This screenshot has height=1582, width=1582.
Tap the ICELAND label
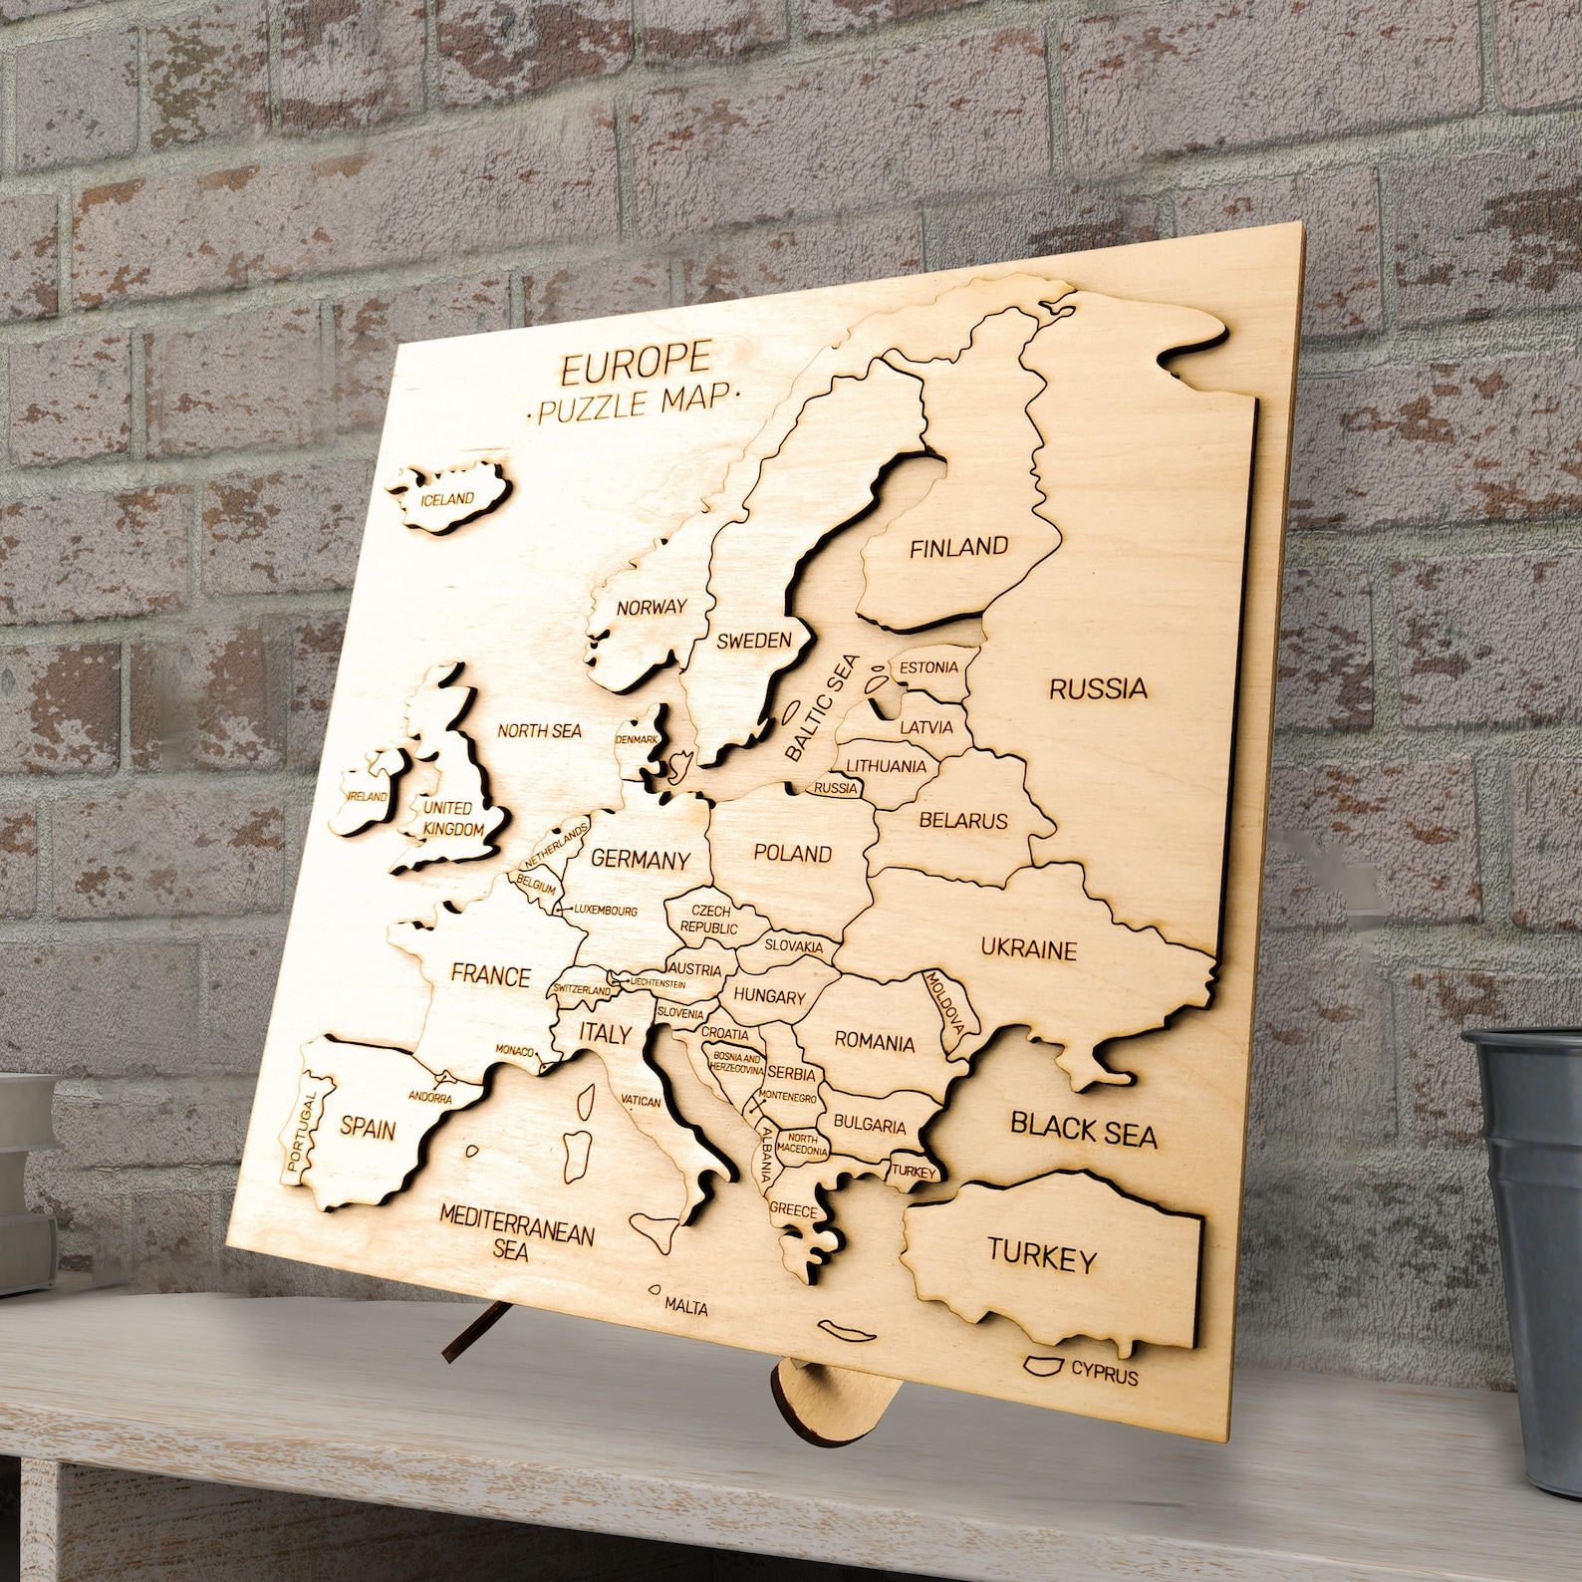(447, 498)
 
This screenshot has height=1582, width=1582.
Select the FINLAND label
(958, 547)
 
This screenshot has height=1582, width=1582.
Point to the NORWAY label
(651, 607)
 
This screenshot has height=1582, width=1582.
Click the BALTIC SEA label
(820, 707)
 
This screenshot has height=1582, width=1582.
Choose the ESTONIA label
(928, 667)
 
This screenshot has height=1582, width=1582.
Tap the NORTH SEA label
(539, 730)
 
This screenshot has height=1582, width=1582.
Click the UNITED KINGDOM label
(452, 818)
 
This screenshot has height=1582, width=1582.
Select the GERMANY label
(641, 859)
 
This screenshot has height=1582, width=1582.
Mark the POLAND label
(792, 853)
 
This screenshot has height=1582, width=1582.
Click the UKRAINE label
(1028, 948)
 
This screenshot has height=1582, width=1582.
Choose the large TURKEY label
(1042, 1255)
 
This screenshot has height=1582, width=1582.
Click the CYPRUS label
(1104, 1376)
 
